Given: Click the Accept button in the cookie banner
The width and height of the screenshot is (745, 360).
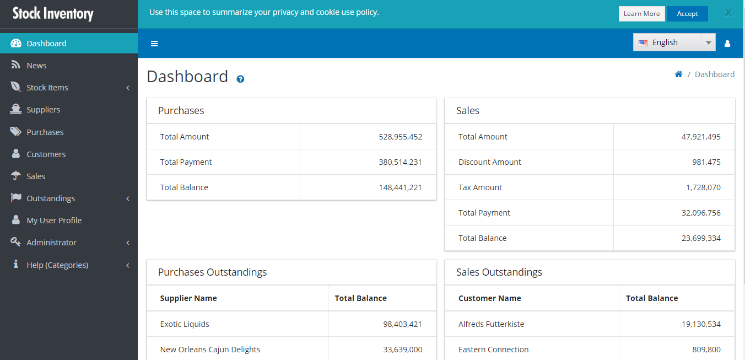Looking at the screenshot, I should pyautogui.click(x=687, y=14).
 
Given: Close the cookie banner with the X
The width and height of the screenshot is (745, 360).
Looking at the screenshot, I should pyautogui.click(x=728, y=13).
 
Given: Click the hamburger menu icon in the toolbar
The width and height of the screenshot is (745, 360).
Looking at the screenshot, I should pyautogui.click(x=154, y=44).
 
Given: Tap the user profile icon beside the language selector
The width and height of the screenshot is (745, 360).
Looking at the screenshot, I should pyautogui.click(x=727, y=44).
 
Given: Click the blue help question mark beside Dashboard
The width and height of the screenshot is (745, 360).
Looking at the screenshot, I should pyautogui.click(x=240, y=79).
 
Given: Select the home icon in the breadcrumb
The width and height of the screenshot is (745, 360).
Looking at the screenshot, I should pyautogui.click(x=678, y=74).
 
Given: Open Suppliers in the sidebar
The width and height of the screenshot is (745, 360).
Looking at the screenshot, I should pyautogui.click(x=44, y=110).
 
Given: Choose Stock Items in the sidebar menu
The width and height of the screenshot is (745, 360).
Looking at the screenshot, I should pyautogui.click(x=47, y=88).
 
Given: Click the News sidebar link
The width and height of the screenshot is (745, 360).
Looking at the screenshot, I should pyautogui.click(x=36, y=66).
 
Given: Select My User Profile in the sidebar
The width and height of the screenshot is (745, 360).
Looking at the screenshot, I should pyautogui.click(x=54, y=221).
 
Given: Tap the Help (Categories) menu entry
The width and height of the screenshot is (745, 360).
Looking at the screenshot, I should pyautogui.click(x=57, y=265).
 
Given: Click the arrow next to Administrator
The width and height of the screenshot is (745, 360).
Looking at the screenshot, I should pyautogui.click(x=128, y=243).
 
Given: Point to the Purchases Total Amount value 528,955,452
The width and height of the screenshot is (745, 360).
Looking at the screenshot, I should pyautogui.click(x=400, y=137).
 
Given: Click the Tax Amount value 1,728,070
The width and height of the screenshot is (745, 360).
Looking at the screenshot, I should pyautogui.click(x=703, y=187).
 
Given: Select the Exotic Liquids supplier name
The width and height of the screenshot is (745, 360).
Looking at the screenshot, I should pyautogui.click(x=185, y=324).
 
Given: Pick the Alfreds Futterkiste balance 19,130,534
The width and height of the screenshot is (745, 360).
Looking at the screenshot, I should pyautogui.click(x=701, y=324).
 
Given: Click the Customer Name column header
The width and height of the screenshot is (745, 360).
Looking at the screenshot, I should pyautogui.click(x=489, y=298).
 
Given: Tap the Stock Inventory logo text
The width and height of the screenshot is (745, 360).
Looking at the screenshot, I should pyautogui.click(x=53, y=13).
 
